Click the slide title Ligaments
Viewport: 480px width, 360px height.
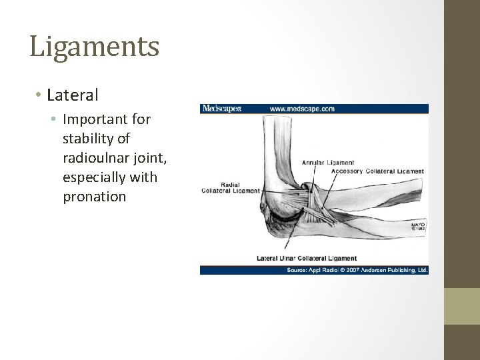94,47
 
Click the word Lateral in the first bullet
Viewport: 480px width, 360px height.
73,95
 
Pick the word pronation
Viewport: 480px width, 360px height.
94,197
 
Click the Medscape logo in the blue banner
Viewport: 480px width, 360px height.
221,108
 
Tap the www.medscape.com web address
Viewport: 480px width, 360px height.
302,108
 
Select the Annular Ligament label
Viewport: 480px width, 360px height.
328,162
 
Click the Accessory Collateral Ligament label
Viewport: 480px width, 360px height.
378,171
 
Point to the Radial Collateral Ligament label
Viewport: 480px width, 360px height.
230,187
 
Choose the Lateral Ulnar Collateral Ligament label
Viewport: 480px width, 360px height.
307,258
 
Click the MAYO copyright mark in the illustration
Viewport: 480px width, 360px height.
417,227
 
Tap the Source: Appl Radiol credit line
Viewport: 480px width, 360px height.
313,270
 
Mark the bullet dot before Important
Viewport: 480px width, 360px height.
56,120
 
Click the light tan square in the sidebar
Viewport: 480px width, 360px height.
461,306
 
